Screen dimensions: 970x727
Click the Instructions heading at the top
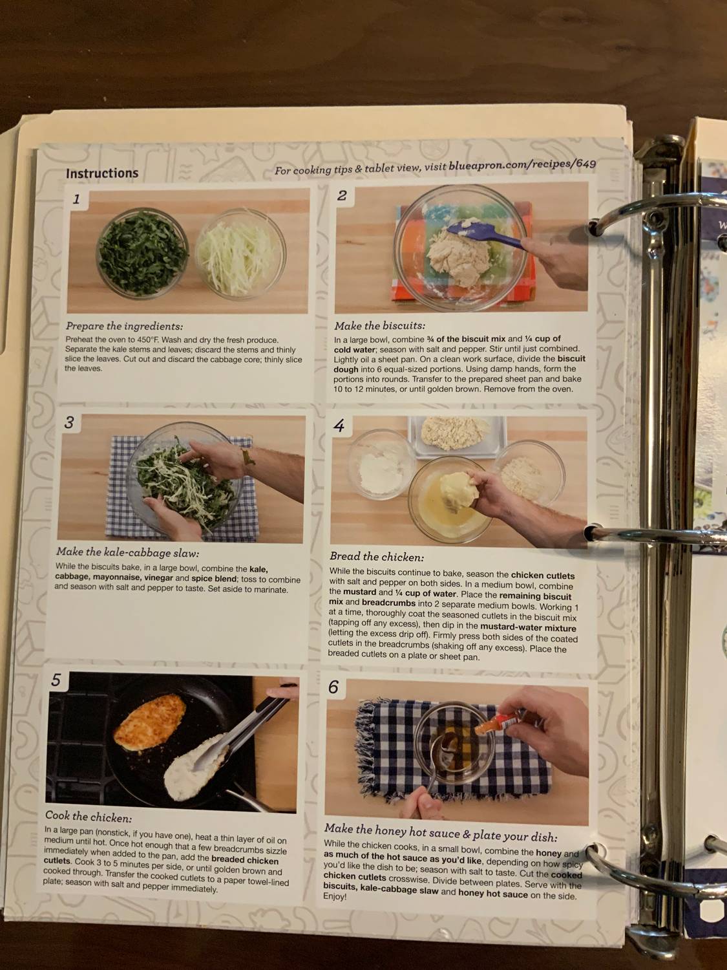click(102, 173)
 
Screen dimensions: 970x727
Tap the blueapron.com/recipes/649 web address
click(522, 166)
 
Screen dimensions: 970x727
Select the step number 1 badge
click(76, 200)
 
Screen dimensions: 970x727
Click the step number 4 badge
click(339, 426)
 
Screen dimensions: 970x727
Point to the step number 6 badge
click(333, 687)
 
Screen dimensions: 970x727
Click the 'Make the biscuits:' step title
click(379, 326)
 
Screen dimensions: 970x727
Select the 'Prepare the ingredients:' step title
click(124, 326)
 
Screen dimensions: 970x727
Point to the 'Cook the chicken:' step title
click(89, 817)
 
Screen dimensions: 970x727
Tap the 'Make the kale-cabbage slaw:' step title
click(127, 552)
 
